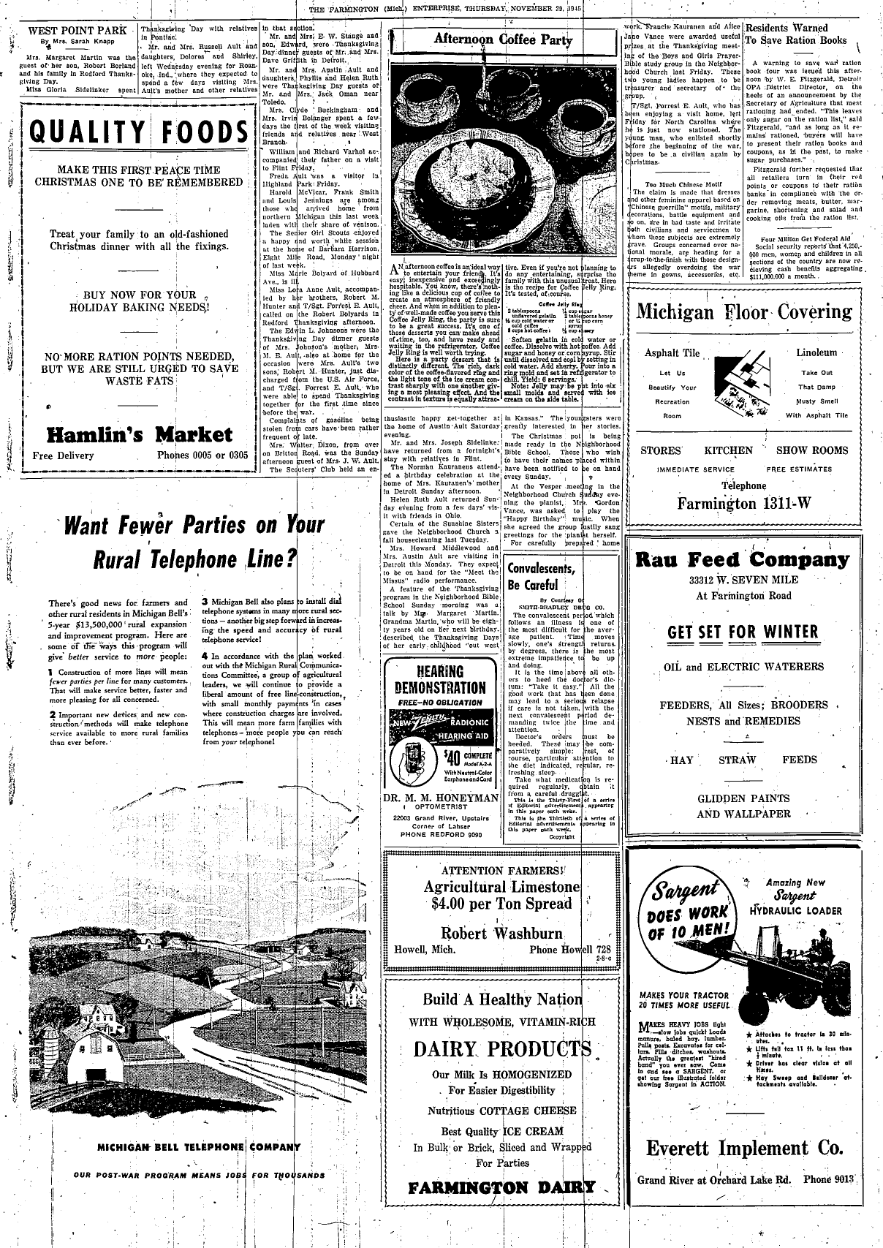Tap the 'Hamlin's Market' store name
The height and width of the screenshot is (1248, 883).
coord(140,436)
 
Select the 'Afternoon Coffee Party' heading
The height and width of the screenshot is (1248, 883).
coord(504,40)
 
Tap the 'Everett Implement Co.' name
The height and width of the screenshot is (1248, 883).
coord(744,1148)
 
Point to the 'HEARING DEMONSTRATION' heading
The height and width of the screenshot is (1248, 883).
coord(440,680)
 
